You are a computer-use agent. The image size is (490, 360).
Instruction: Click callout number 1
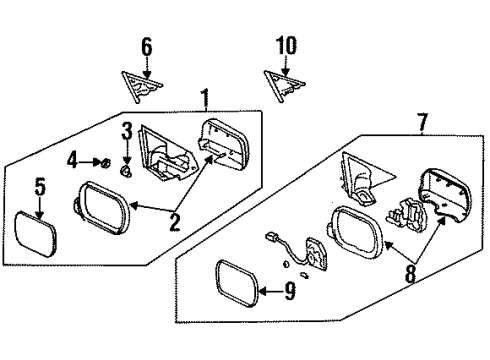(x=205, y=100)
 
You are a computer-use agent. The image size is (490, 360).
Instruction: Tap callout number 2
(x=174, y=222)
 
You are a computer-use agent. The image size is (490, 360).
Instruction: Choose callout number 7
(x=422, y=123)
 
